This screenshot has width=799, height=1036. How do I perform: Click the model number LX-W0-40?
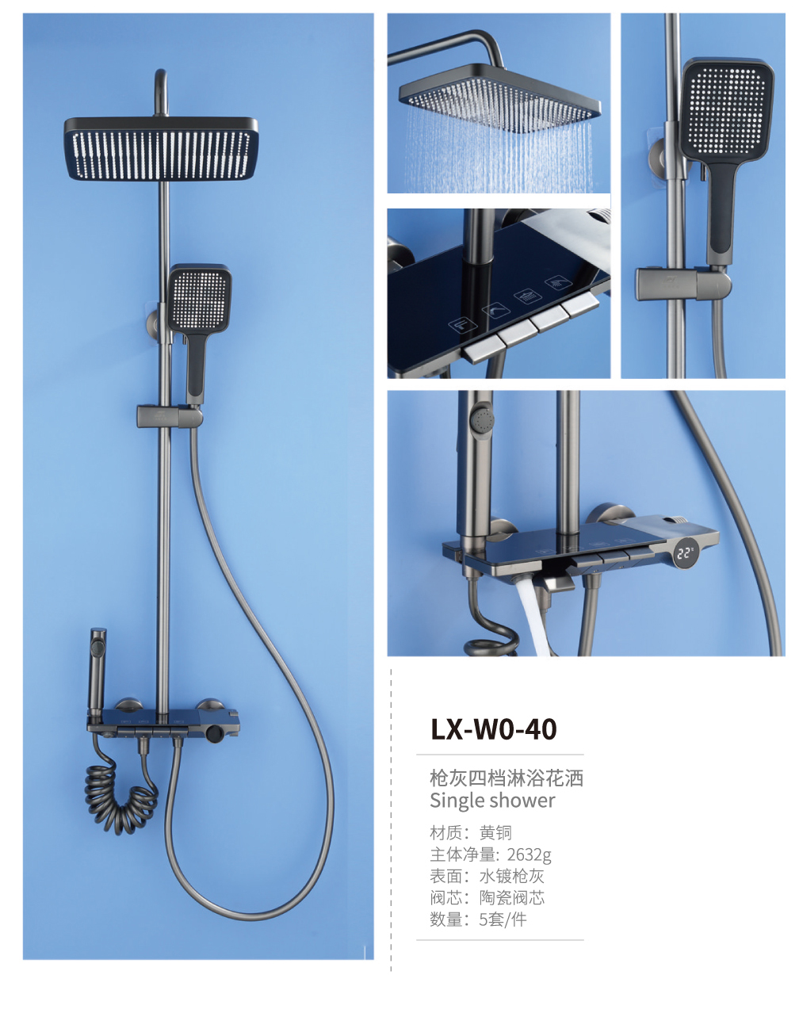tap(493, 729)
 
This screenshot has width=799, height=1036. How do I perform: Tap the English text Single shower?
tap(492, 801)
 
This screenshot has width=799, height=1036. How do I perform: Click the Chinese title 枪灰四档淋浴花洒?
tap(507, 778)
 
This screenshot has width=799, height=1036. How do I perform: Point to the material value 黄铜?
tap(495, 833)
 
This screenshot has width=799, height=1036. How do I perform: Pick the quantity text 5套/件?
tap(503, 919)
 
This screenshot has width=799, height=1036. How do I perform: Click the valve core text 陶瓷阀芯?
tap(511, 898)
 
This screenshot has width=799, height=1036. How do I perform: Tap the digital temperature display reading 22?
tap(685, 553)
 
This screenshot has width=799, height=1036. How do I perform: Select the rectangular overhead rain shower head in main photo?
tap(161, 148)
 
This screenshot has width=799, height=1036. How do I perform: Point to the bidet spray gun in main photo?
tap(97, 671)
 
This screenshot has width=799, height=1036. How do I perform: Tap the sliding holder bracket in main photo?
tap(170, 416)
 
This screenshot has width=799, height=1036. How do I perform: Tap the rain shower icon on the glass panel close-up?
tap(526, 296)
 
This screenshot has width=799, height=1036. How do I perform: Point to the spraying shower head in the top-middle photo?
tap(499, 97)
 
